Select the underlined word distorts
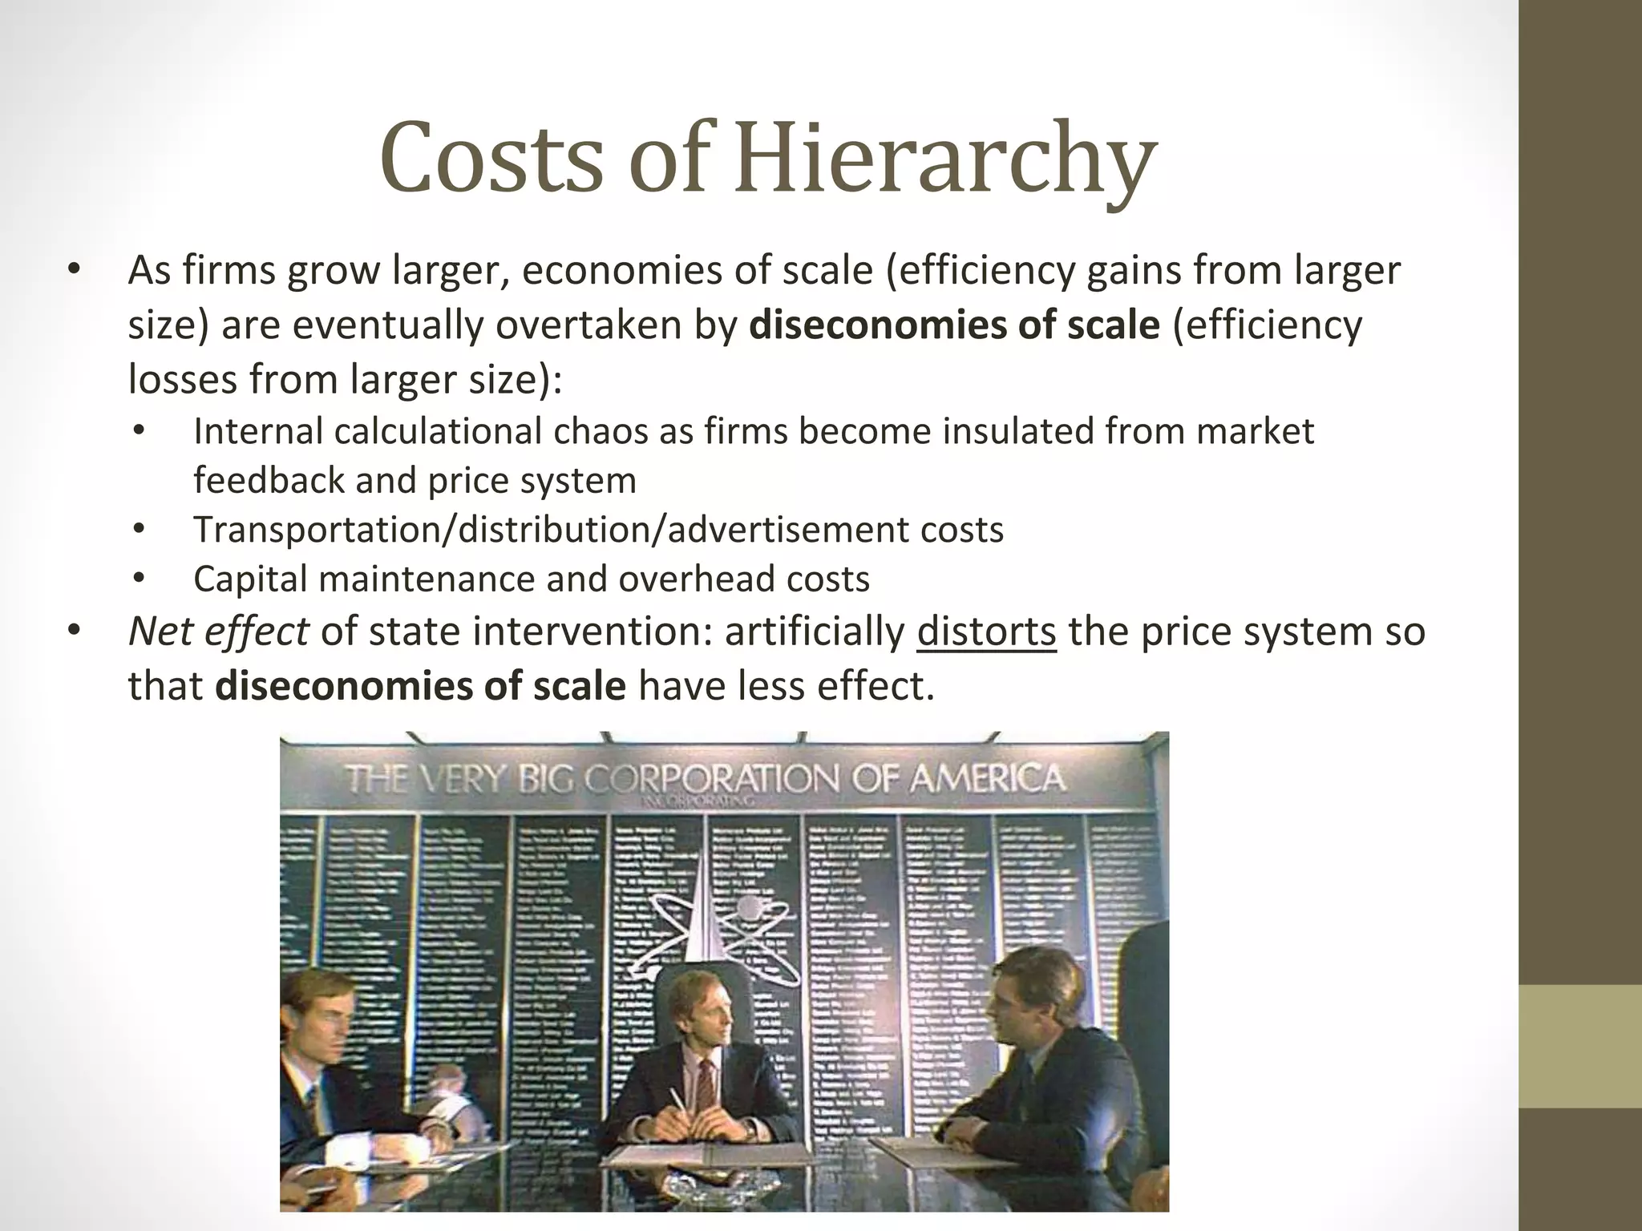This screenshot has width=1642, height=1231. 986,632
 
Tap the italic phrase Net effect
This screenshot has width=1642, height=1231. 218,632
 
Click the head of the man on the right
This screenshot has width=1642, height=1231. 1026,994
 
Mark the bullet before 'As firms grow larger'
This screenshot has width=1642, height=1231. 74,272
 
